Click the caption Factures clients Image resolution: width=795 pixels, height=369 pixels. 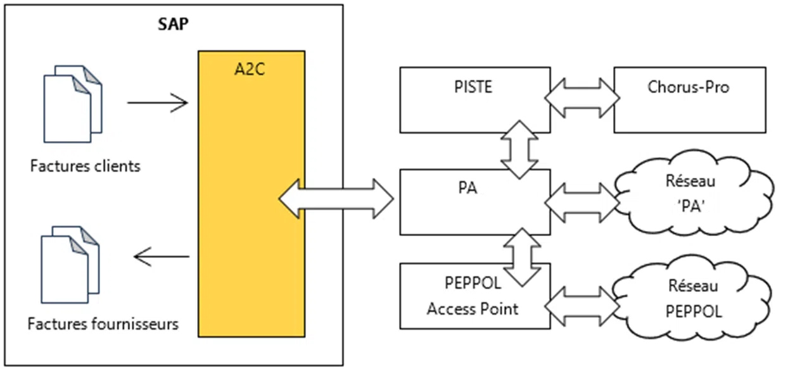(85, 167)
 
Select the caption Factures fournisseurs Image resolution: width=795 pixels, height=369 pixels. (103, 325)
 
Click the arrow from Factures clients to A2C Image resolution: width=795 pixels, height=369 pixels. (158, 102)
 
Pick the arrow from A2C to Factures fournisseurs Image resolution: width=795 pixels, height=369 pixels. (162, 256)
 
